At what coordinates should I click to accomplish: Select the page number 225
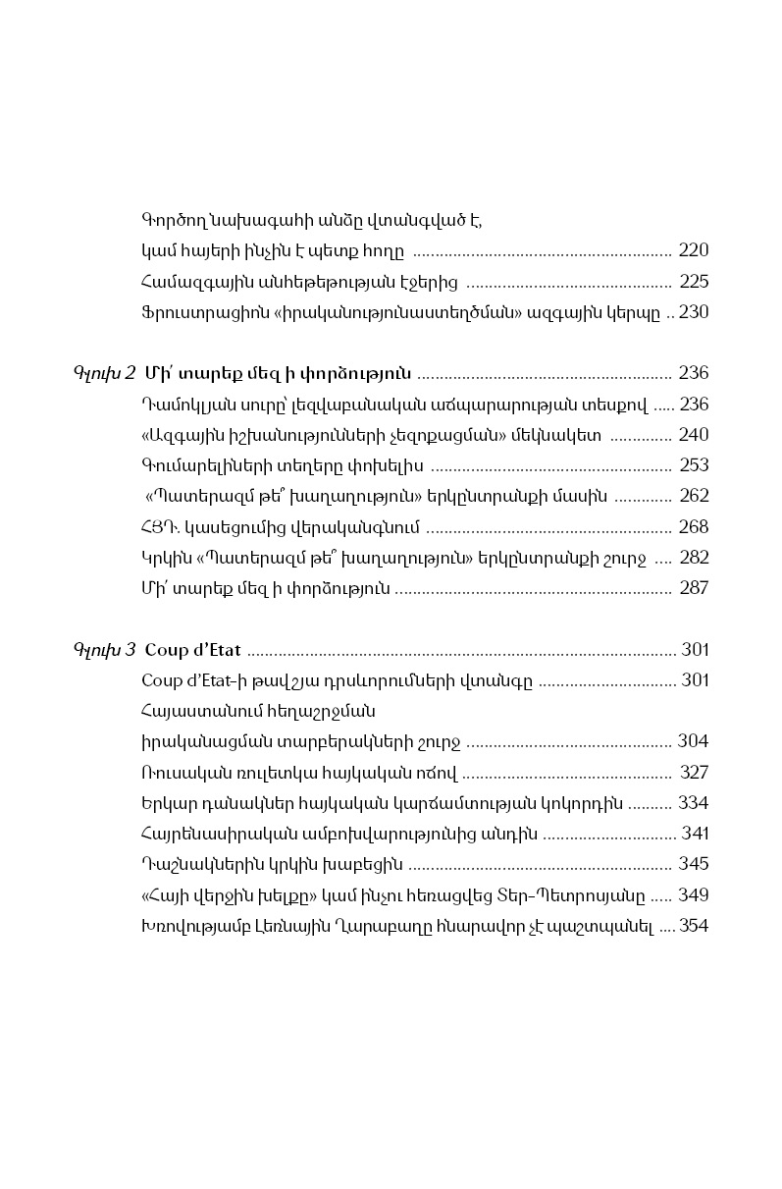[694, 283]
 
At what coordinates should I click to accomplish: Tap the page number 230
[693, 313]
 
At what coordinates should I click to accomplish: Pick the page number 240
[693, 435]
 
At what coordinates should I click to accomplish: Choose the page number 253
[693, 465]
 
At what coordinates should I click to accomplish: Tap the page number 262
[693, 497]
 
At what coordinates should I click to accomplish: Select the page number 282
[694, 558]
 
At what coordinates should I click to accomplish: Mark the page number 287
[694, 589]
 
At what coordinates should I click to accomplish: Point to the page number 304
[693, 741]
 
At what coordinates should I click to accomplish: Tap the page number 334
[693, 803]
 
